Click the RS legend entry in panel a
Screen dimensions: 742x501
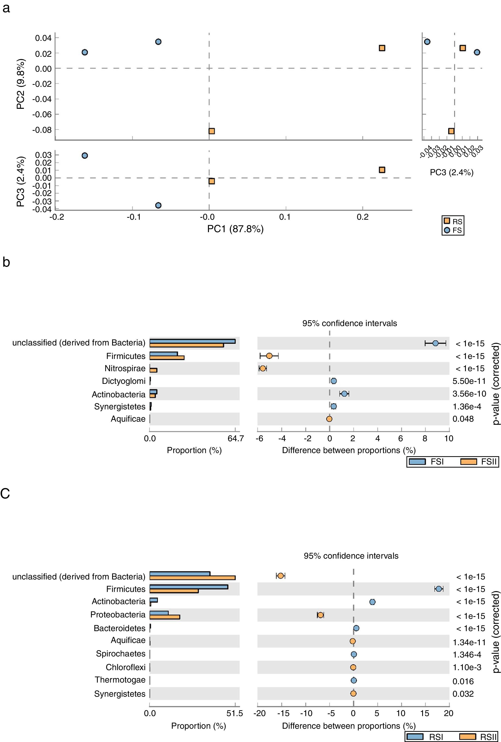tap(453, 221)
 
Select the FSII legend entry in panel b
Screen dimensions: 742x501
tap(479, 462)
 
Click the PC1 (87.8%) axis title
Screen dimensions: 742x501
tap(235, 229)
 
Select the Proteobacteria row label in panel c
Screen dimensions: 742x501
tap(118, 615)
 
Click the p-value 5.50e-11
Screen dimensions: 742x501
tap(469, 381)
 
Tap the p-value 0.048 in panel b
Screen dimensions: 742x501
tap(463, 419)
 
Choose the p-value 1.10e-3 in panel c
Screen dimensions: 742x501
tap(467, 667)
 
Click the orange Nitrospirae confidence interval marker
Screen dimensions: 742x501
tap(262, 368)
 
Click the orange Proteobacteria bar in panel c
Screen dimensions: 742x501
tap(165, 617)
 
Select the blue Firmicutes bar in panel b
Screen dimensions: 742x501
tap(163, 354)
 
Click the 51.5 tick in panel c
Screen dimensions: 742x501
tap(235, 713)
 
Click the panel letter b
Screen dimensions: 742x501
tap(6, 262)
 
